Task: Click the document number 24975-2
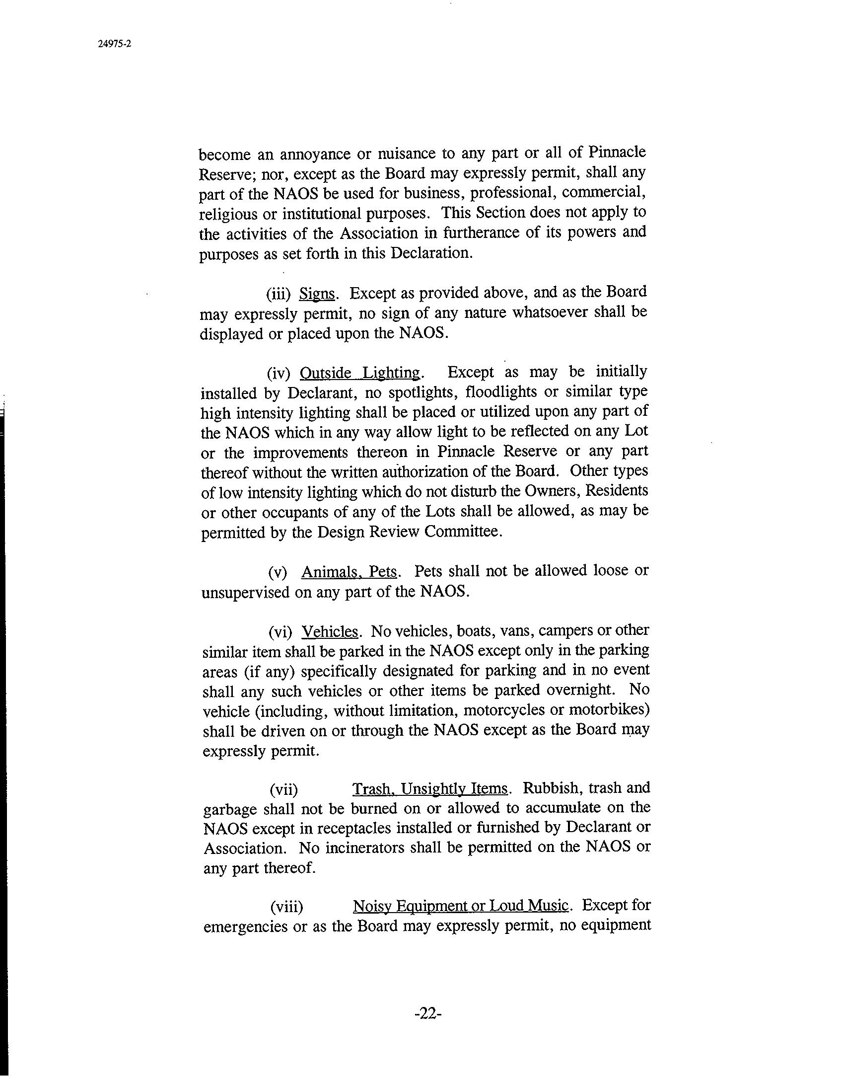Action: (114, 44)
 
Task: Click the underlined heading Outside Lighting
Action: (360, 373)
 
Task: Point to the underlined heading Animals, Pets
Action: (350, 572)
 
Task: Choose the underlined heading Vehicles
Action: (330, 631)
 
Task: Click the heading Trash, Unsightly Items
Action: (430, 788)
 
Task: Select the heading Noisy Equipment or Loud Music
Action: (460, 906)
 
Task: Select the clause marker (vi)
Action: (280, 632)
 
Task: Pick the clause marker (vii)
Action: (283, 789)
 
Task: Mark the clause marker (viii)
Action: (286, 907)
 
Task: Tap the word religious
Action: (229, 214)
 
